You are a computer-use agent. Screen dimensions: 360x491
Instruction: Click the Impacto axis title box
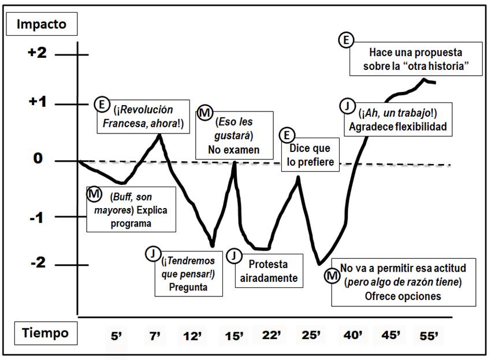(42, 24)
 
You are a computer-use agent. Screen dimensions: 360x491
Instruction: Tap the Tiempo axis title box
(45, 333)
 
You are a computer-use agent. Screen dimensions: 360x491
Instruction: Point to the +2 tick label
(36, 53)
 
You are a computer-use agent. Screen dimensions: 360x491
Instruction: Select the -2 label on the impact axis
(36, 263)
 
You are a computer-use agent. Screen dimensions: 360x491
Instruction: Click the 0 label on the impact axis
(38, 159)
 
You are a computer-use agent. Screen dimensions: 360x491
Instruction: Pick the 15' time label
(233, 335)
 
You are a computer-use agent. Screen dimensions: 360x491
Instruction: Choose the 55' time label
(427, 335)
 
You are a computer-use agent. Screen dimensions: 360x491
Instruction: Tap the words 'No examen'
(234, 150)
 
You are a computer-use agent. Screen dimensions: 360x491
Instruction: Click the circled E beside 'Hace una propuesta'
(345, 40)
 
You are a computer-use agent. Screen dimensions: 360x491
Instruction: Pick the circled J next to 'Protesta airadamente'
(233, 255)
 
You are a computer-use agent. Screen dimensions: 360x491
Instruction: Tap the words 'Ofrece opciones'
(403, 296)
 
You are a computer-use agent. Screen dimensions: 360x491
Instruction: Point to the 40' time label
(352, 335)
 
